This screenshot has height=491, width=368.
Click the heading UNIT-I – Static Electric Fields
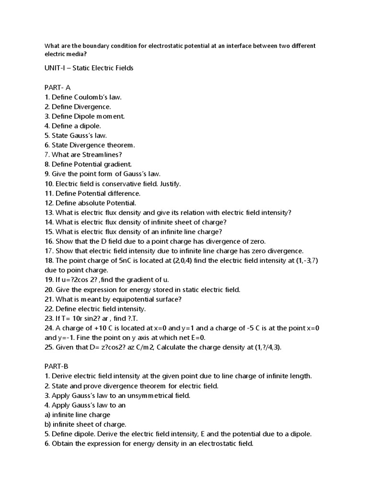(89, 68)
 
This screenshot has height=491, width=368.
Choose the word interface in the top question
(225, 46)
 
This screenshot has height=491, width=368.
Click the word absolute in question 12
(92, 203)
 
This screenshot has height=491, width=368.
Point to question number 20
(49, 290)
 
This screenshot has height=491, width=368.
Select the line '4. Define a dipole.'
(72, 126)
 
